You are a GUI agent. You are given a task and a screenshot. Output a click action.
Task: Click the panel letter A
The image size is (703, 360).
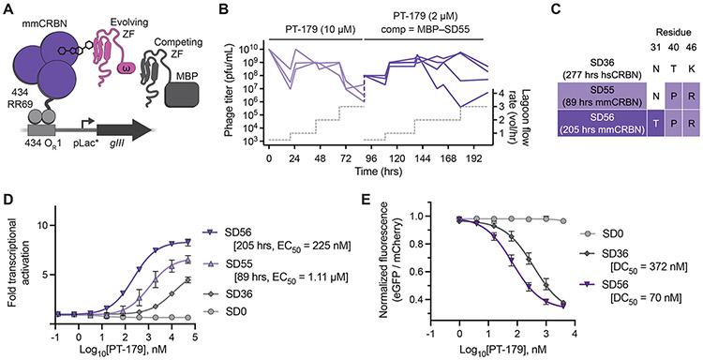pyautogui.click(x=7, y=8)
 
